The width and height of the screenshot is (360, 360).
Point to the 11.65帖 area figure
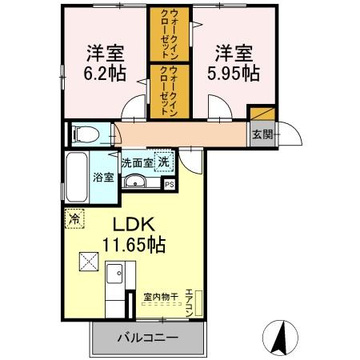click(133, 245)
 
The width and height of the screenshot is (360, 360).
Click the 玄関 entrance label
click(262, 134)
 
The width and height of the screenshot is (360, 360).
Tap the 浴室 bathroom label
click(102, 177)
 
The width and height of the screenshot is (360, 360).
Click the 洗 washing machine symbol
click(162, 161)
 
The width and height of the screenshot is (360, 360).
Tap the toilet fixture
click(82, 133)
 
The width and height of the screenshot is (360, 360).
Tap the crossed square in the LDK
click(86, 262)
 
